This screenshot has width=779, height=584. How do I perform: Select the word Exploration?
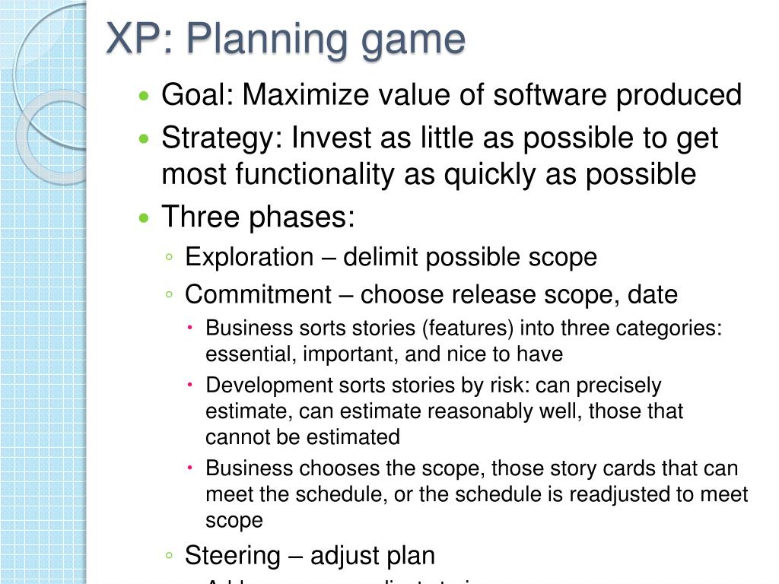point(249,257)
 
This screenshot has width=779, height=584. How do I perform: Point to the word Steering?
point(233,556)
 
